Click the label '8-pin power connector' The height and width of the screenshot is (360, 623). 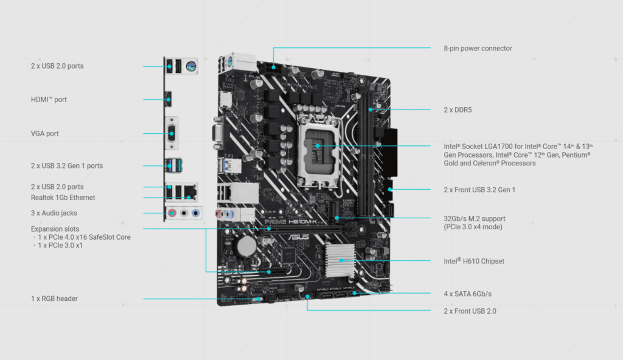(478, 48)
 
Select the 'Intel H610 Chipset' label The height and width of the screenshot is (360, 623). (474, 261)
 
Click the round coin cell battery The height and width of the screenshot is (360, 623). (246, 245)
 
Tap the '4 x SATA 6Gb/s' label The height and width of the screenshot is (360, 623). (467, 294)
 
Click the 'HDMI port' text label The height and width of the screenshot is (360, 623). (49, 99)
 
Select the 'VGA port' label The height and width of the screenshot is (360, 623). (45, 133)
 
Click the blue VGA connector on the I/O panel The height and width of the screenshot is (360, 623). (171, 133)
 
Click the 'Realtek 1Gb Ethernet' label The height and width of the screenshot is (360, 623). (63, 198)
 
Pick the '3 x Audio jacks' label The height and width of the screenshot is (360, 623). (54, 213)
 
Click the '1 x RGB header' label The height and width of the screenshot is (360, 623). (54, 299)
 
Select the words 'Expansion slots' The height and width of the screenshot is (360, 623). (55, 229)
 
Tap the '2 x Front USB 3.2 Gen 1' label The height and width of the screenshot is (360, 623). (479, 190)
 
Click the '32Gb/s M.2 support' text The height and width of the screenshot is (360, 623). (475, 218)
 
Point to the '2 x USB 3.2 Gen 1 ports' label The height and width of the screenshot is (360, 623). (67, 165)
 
